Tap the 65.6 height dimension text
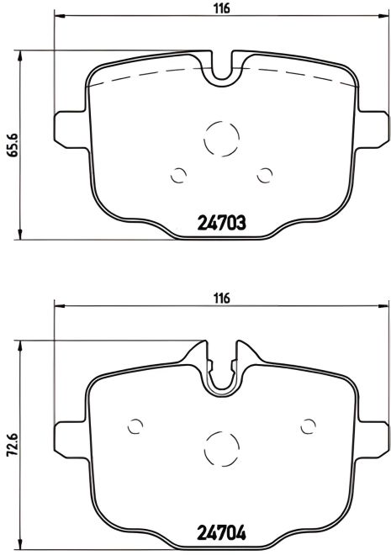click(11, 144)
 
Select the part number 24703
click(221, 224)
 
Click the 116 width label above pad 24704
click(221, 297)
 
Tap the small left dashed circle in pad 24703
click(178, 175)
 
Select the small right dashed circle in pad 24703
click(267, 174)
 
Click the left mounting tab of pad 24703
click(71, 127)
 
